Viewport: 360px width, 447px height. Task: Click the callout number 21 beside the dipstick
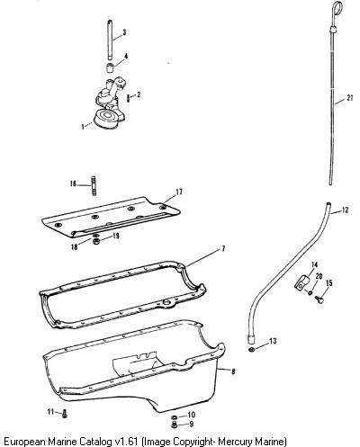349,98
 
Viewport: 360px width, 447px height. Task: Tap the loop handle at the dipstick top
337,6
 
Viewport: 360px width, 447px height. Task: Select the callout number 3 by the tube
124,32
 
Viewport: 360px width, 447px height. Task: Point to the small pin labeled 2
129,98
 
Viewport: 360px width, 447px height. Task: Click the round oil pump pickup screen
106,120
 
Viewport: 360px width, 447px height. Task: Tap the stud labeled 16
94,185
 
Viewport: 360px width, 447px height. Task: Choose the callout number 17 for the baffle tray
179,192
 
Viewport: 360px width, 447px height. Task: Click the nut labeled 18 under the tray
96,242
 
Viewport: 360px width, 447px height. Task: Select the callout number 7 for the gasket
223,248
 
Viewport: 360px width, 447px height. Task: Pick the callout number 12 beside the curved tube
345,210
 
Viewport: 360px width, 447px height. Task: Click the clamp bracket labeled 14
301,282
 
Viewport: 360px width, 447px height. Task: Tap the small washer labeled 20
310,292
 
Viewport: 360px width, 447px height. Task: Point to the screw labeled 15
319,299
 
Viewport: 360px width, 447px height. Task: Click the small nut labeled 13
253,349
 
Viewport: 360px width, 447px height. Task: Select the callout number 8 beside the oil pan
233,371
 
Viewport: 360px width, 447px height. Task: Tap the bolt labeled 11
65,414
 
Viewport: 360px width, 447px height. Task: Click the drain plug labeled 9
174,425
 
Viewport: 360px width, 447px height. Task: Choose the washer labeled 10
174,417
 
